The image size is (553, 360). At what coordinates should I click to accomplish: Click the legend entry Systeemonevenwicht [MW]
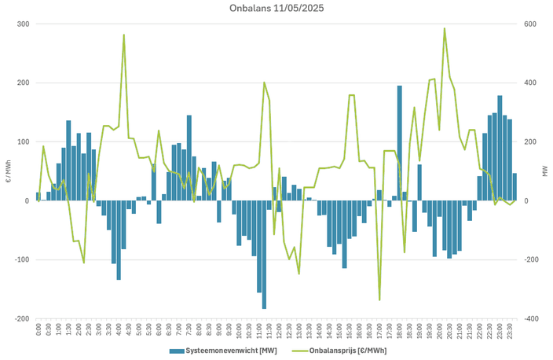coord(222,350)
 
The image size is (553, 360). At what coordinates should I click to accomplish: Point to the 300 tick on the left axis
coord(23,24)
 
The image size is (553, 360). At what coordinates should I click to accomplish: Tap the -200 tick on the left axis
coord(21,319)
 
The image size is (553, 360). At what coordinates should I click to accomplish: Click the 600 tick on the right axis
coord(530,24)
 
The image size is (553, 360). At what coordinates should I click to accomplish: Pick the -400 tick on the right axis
coord(532,319)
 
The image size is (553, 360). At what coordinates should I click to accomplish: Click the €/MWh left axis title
coord(7,171)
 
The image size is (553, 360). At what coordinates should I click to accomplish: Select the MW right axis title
coord(544,171)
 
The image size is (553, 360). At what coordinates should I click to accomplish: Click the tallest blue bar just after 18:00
coord(399,141)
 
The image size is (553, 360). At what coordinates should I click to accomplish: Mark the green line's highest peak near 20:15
coord(445,29)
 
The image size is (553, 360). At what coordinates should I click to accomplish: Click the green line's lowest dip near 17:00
coord(379,299)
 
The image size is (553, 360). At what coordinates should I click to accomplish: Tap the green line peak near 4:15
coord(123,35)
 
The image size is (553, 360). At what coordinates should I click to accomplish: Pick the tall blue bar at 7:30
coord(189,157)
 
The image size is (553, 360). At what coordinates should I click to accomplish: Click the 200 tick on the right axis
coord(530,142)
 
